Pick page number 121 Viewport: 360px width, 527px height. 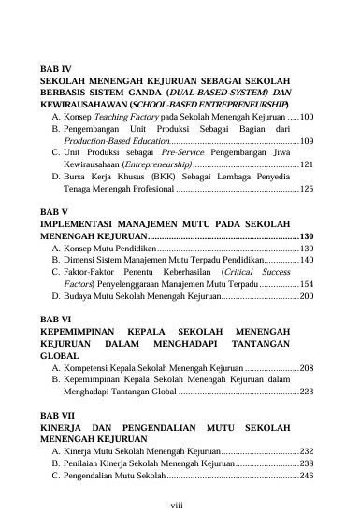pyautogui.click(x=307, y=164)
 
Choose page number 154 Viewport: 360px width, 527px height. pyautogui.click(x=307, y=283)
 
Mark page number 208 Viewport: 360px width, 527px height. pyautogui.click(x=307, y=368)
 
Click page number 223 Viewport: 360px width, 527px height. pyautogui.click(x=307, y=392)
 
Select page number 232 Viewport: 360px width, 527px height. pyautogui.click(x=307, y=451)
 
